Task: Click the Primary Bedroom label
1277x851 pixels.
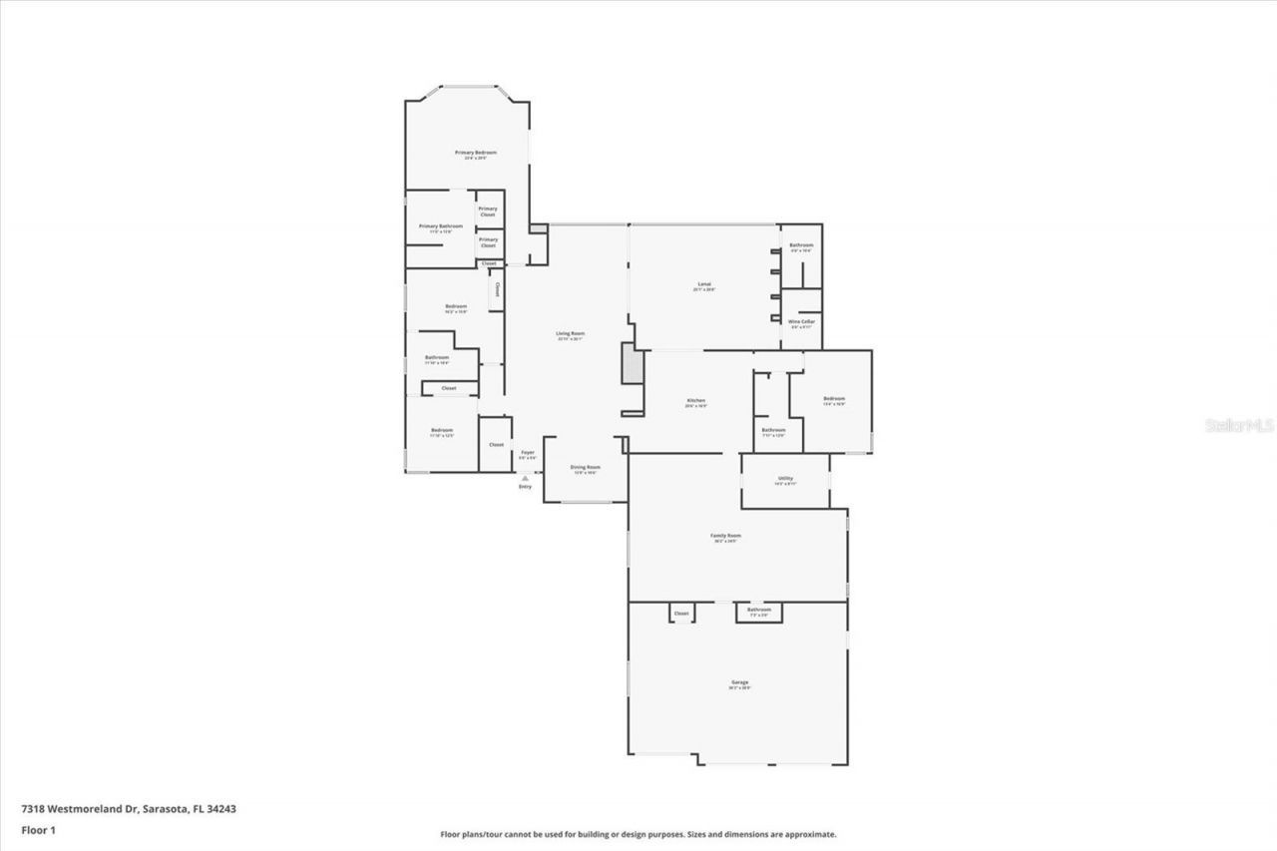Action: point(476,153)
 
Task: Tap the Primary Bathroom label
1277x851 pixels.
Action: point(440,226)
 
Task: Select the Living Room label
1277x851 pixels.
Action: point(570,333)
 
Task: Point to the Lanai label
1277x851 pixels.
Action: point(703,285)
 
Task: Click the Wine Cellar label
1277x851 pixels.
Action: point(801,321)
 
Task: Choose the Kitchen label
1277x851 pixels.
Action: point(695,401)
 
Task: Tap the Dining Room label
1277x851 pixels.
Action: point(585,467)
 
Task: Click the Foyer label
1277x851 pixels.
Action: point(528,453)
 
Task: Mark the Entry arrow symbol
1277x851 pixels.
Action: point(525,478)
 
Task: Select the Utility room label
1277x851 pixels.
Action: point(784,479)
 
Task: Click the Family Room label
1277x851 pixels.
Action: point(725,536)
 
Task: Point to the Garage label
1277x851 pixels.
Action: point(738,682)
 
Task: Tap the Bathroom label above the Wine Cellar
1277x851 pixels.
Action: point(801,245)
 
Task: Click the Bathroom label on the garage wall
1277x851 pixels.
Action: point(758,610)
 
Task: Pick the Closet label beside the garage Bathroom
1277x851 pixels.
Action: point(681,614)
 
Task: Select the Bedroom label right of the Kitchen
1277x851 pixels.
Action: point(833,399)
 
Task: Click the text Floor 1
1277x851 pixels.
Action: point(38,830)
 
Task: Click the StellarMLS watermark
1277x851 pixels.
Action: point(1240,425)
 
